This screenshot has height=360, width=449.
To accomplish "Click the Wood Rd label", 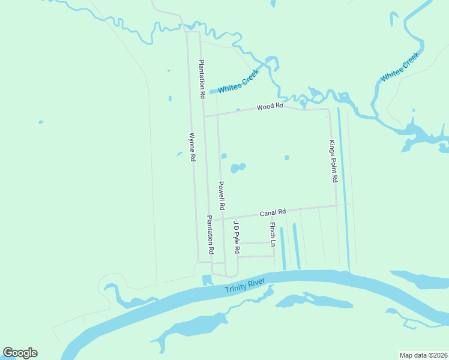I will [x=270, y=107].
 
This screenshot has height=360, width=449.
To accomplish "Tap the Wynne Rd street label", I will [x=193, y=147].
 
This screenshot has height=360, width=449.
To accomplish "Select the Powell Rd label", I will [x=221, y=196].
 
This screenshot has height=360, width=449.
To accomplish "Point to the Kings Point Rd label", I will [x=333, y=161].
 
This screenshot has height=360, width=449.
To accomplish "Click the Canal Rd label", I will [x=273, y=212].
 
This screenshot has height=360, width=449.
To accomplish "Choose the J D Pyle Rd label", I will [x=237, y=237].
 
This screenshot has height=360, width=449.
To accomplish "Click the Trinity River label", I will [x=245, y=286].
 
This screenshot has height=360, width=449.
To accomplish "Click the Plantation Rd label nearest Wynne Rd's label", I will [x=203, y=79].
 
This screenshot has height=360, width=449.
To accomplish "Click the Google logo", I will [x=20, y=353].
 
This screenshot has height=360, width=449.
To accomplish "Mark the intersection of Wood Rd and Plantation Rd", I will [x=204, y=116].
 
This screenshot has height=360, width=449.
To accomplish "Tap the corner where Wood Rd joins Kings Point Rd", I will [x=328, y=110].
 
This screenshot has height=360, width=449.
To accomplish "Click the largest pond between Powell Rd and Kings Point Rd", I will [x=238, y=168].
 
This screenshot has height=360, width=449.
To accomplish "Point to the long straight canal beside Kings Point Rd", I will [x=343, y=186].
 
